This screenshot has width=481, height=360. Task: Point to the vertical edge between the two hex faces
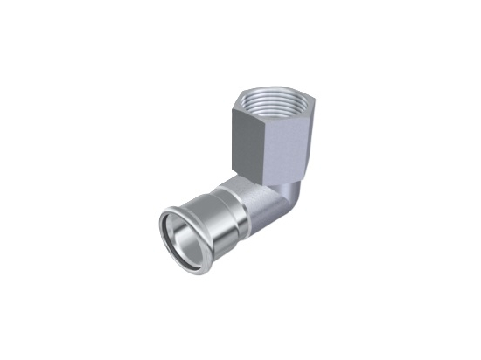point(260,141)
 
